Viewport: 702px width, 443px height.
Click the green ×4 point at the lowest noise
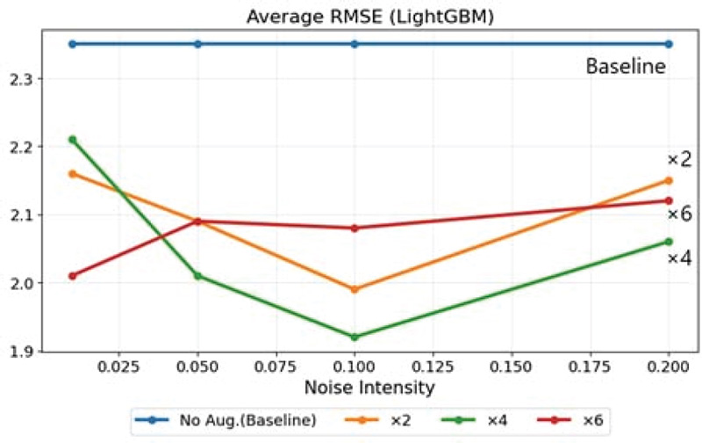pos(73,139)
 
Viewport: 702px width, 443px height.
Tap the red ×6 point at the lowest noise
pos(73,275)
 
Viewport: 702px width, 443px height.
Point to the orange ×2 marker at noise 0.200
pos(669,180)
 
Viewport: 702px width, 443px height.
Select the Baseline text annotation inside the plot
pos(626,66)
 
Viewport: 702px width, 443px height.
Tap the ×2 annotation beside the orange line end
pos(680,159)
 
